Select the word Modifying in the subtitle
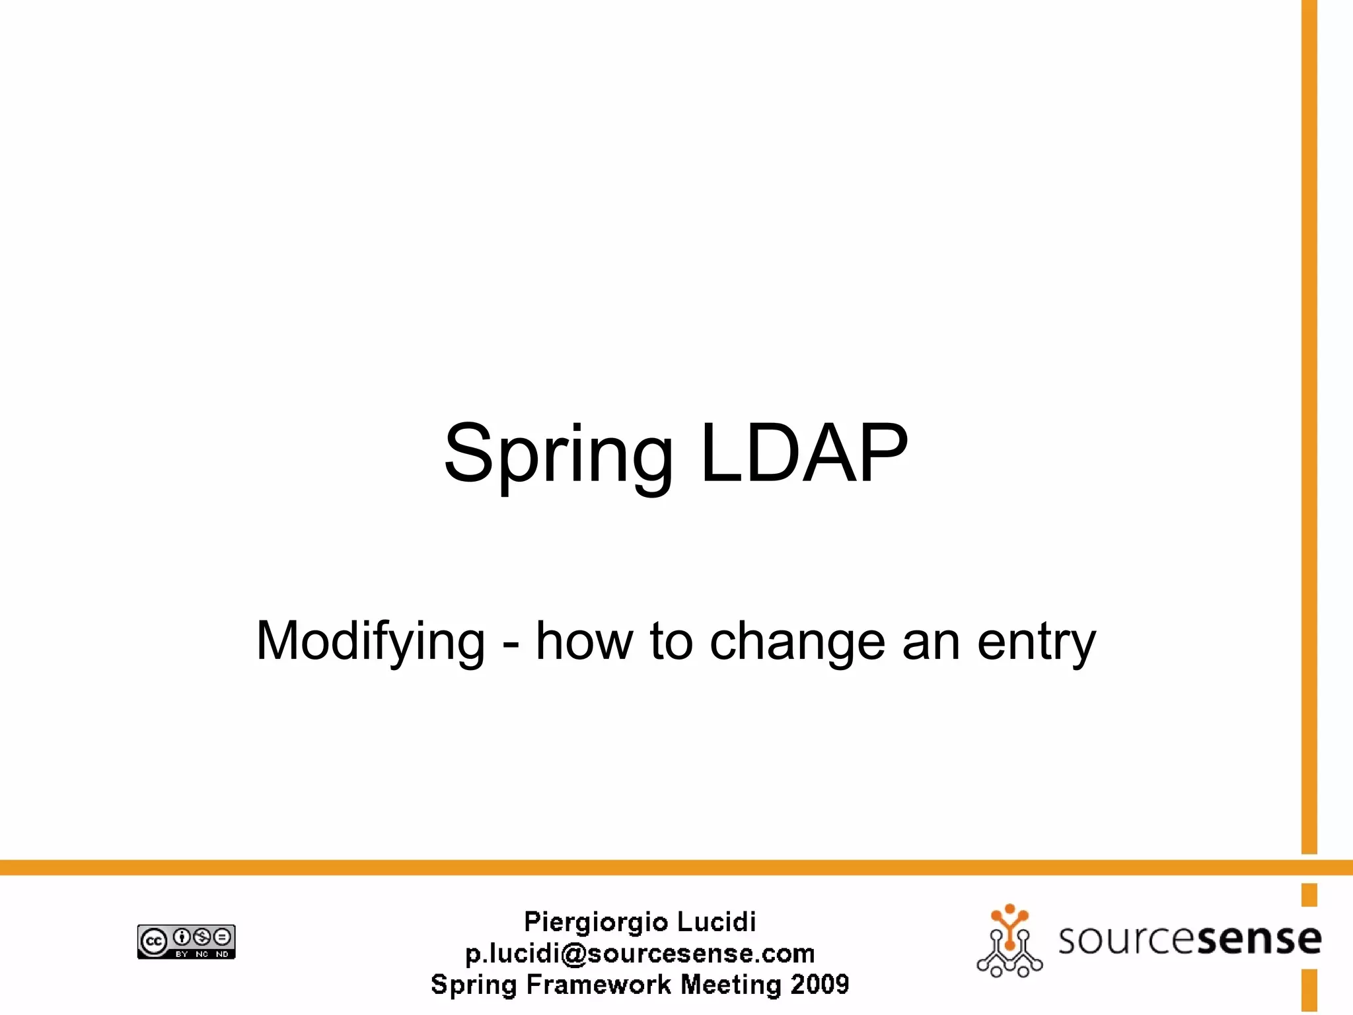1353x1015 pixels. [371, 641]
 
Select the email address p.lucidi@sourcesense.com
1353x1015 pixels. [640, 953]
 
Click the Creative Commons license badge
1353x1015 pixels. [186, 942]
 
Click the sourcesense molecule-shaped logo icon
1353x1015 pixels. [1009, 941]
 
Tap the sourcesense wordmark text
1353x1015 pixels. [1189, 939]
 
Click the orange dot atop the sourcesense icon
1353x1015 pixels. [1009, 909]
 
